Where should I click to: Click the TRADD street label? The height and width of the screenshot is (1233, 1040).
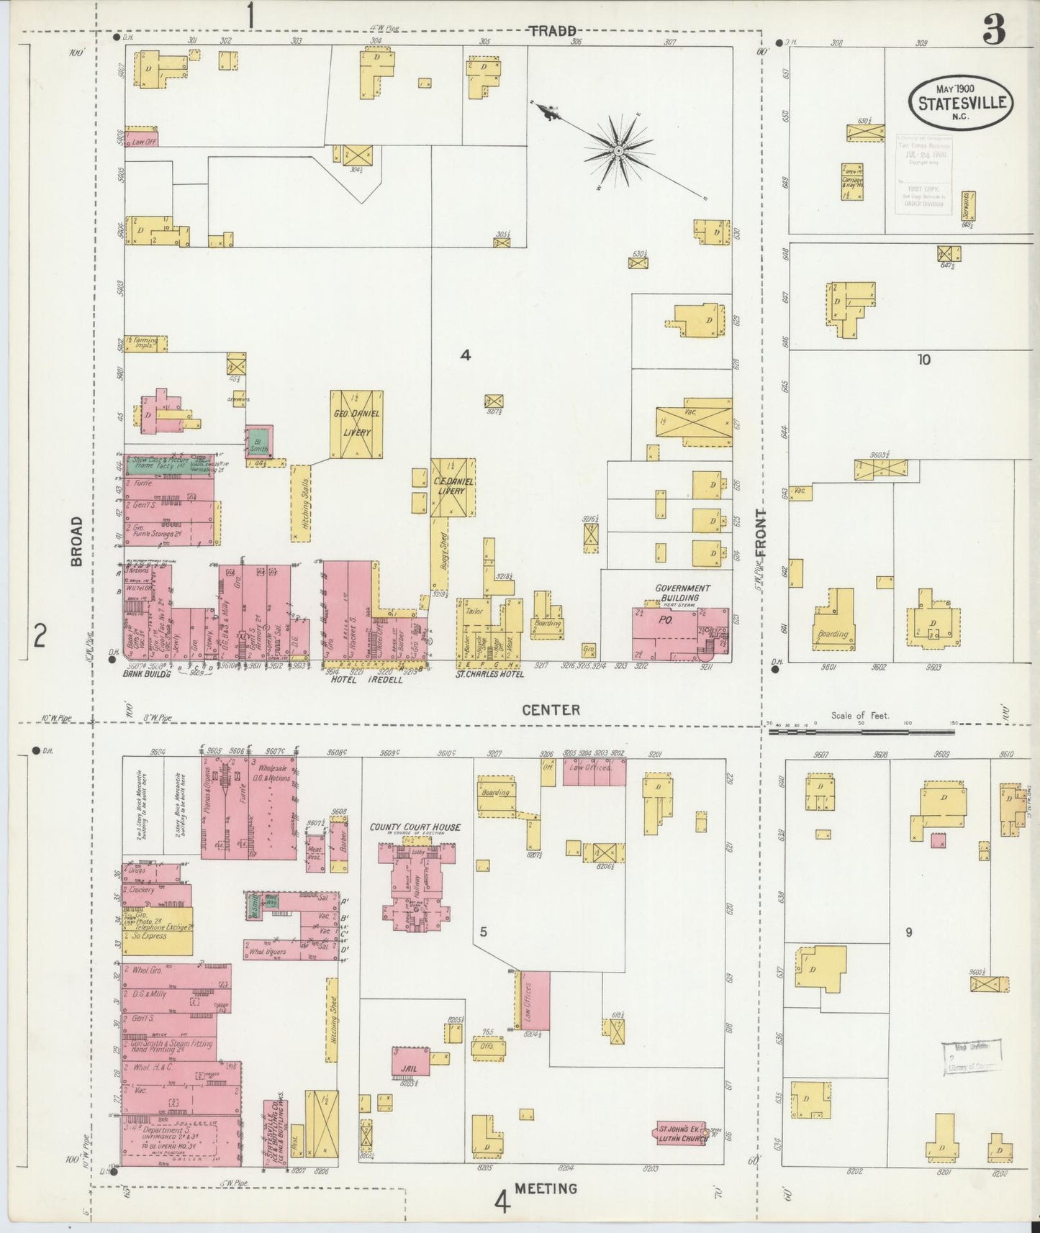(553, 30)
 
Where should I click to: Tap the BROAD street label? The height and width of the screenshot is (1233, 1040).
(78, 542)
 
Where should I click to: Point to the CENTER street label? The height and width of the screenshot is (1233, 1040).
(551, 710)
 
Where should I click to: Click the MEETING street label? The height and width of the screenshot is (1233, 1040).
(546, 1188)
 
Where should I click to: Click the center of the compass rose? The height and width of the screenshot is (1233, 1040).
(618, 150)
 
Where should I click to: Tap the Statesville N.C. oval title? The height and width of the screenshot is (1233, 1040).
(962, 103)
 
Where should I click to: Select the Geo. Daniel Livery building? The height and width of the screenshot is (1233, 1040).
(356, 424)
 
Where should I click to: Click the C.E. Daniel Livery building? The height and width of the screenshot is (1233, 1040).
(453, 487)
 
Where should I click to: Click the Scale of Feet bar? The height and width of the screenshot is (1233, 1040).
(862, 732)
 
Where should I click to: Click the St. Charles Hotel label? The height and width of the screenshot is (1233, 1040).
(491, 674)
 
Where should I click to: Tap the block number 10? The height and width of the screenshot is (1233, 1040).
(923, 359)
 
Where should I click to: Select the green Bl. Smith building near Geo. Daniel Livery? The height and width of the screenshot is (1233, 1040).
(259, 440)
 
